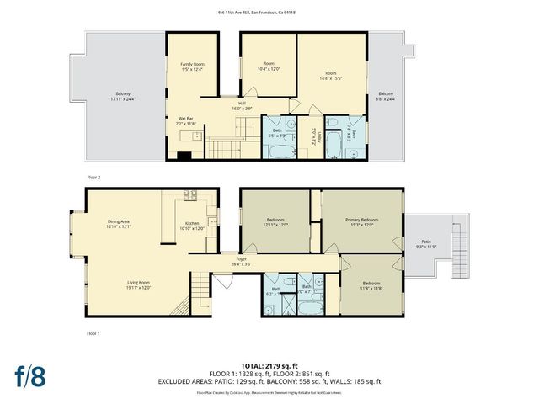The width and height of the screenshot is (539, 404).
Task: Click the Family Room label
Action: [x=193, y=67]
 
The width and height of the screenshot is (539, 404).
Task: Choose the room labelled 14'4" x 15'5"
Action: [x=330, y=76]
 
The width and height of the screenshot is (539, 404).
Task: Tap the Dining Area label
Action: [x=119, y=225]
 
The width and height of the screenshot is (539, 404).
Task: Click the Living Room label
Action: [x=138, y=284]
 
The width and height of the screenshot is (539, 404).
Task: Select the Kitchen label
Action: [x=193, y=226]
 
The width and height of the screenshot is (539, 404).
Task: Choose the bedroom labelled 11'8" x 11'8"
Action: [x=371, y=285]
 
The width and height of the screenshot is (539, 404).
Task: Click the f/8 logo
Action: [x=30, y=375]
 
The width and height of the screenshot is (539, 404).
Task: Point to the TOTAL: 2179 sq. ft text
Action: [x=269, y=364]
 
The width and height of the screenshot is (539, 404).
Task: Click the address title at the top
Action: [x=269, y=13]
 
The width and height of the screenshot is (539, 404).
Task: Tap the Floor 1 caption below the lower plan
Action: [x=93, y=334]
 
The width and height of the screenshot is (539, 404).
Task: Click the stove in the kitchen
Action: [x=190, y=196]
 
